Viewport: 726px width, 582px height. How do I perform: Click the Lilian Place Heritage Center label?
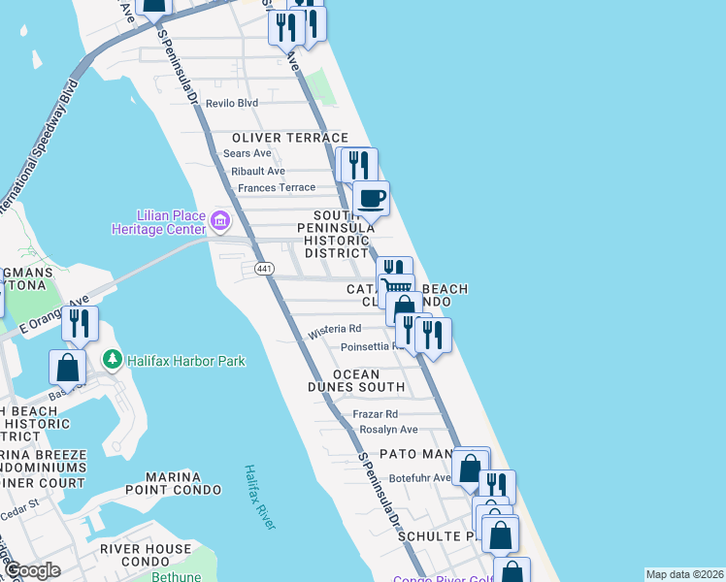coord(168,221)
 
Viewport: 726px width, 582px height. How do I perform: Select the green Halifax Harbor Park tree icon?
coord(114,361)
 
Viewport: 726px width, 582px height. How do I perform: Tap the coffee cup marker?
coord(371,199)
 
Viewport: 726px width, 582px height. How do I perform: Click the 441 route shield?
coord(263,268)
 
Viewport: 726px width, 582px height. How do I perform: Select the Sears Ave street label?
coord(247,153)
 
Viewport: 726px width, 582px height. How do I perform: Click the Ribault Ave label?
coord(258,171)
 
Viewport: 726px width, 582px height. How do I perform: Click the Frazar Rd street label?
coord(376,413)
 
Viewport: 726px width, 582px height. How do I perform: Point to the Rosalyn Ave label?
coord(388,430)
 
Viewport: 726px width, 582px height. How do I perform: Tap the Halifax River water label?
coord(259,496)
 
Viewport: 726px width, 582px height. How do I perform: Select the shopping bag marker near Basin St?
coord(68,367)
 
